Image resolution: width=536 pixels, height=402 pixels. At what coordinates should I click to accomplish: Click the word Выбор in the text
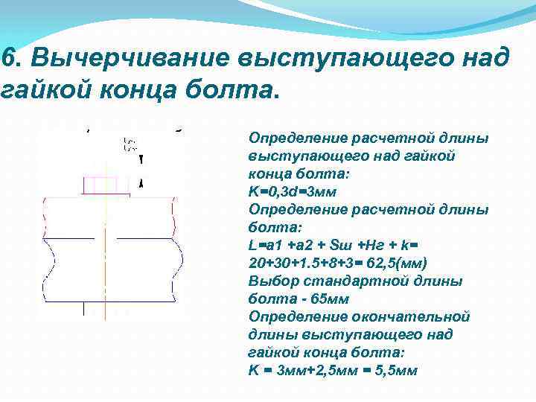[x=269, y=281]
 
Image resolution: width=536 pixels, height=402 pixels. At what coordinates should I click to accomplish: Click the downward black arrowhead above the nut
[x=141, y=159]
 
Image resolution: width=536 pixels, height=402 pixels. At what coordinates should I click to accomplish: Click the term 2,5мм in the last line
[x=331, y=370]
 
